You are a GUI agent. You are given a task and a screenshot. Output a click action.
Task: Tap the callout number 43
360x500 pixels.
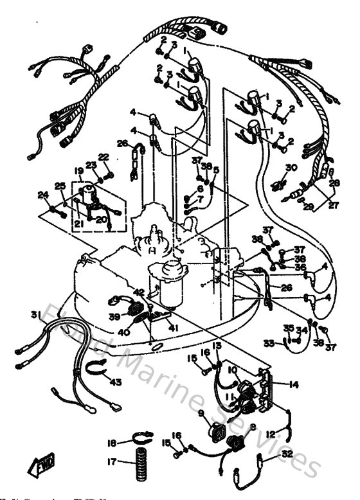point(116,383)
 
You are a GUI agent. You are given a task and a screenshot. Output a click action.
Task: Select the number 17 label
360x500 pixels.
point(113,461)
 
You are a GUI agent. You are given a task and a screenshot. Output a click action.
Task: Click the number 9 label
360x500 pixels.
point(201,413)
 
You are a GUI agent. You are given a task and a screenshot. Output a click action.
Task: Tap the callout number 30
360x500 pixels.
point(291,168)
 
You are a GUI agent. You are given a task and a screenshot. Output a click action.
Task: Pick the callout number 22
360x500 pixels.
point(104,157)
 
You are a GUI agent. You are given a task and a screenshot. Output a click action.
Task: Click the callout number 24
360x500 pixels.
point(43,195)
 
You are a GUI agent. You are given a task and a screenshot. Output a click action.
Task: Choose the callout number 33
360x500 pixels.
point(268,343)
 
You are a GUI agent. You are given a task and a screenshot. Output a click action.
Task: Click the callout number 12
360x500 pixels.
point(273,434)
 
